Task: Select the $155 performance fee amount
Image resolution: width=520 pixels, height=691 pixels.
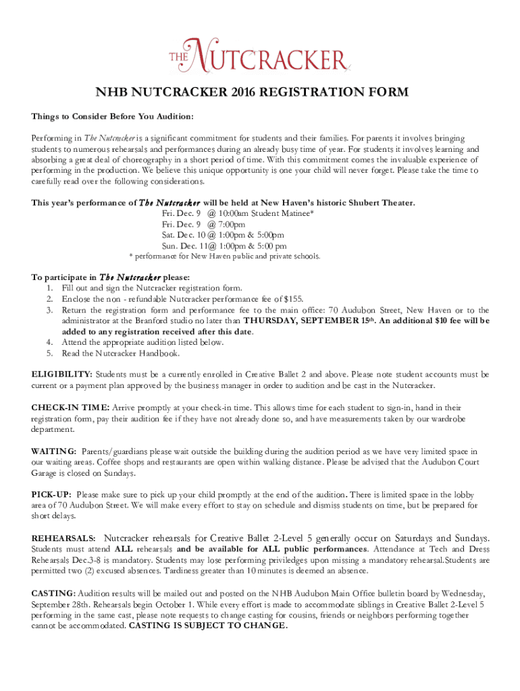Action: (293, 298)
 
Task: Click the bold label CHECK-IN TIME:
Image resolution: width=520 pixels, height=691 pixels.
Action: (70, 408)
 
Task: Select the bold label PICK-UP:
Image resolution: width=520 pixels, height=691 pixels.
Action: (52, 495)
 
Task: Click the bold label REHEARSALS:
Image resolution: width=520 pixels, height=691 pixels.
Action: (65, 538)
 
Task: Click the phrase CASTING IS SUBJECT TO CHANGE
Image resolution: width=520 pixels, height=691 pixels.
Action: (207, 625)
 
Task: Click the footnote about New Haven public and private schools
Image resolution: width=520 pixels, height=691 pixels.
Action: (224, 256)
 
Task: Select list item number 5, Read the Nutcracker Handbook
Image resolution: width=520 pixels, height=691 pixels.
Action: (124, 353)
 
